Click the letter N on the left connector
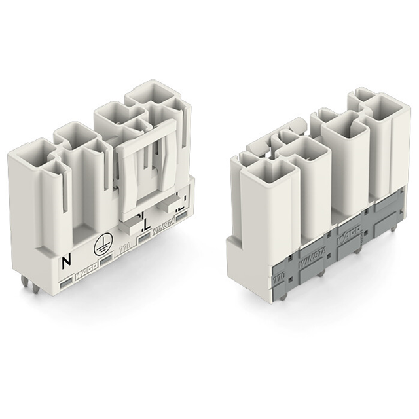tap(65, 263)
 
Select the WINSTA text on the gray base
tap(305, 249)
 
